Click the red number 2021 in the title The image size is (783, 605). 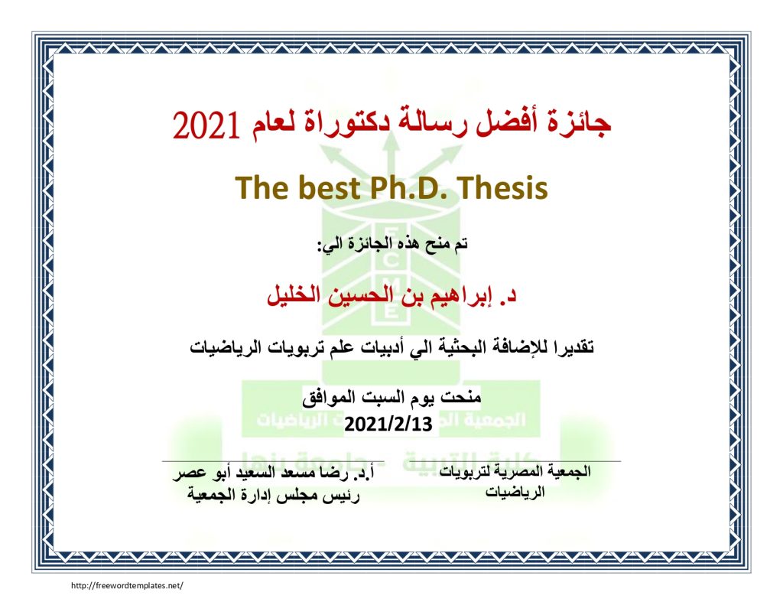[x=206, y=125]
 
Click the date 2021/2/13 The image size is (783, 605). [x=388, y=424]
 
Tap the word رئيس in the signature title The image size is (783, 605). [x=343, y=495]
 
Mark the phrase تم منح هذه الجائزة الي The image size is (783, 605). [x=392, y=244]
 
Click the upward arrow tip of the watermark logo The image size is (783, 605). [x=392, y=133]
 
